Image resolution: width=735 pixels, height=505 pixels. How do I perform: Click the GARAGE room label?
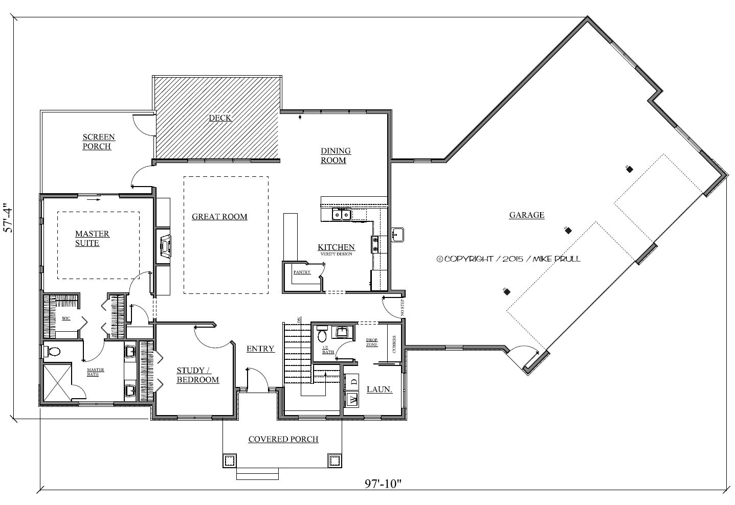tap(526, 215)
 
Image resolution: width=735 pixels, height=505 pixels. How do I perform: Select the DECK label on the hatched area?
tap(220, 118)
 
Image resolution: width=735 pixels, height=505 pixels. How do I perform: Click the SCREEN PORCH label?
tap(98, 142)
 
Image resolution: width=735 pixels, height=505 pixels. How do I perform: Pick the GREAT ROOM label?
tap(219, 217)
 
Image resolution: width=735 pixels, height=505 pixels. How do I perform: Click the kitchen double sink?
tap(341, 215)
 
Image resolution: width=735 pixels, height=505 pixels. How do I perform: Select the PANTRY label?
tap(302, 272)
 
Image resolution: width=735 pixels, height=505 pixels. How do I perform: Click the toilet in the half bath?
tap(322, 335)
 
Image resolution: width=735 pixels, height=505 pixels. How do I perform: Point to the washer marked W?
tap(351, 400)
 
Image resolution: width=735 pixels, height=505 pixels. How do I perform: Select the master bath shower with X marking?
tap(56, 382)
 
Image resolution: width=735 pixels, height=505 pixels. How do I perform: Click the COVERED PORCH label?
tap(283, 440)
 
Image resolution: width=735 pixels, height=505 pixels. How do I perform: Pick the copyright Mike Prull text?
tap(508, 259)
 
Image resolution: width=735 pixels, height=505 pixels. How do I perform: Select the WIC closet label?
tap(66, 318)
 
